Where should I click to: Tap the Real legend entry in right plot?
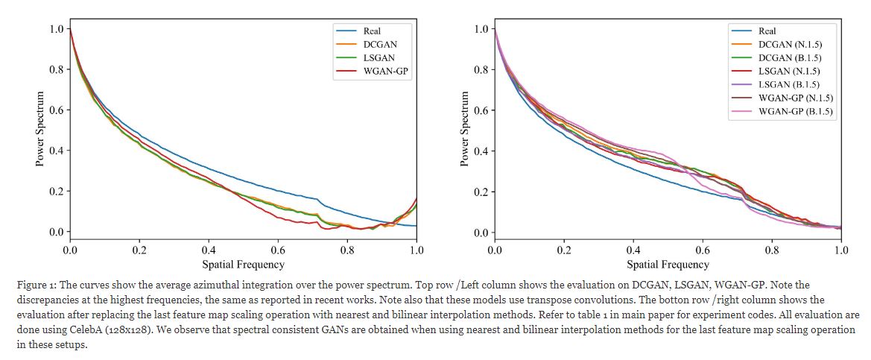[767, 31]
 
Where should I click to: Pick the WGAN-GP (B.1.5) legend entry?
[796, 112]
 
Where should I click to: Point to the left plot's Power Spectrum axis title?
[41, 128]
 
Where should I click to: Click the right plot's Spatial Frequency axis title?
[668, 264]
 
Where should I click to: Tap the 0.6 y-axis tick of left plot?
[56, 110]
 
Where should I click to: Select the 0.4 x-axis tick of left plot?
[209, 250]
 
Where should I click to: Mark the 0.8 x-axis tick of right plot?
[772, 250]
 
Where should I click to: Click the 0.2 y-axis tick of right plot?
[481, 192]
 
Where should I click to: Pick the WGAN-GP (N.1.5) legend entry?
[796, 98]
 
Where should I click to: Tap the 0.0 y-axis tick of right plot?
[481, 233]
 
